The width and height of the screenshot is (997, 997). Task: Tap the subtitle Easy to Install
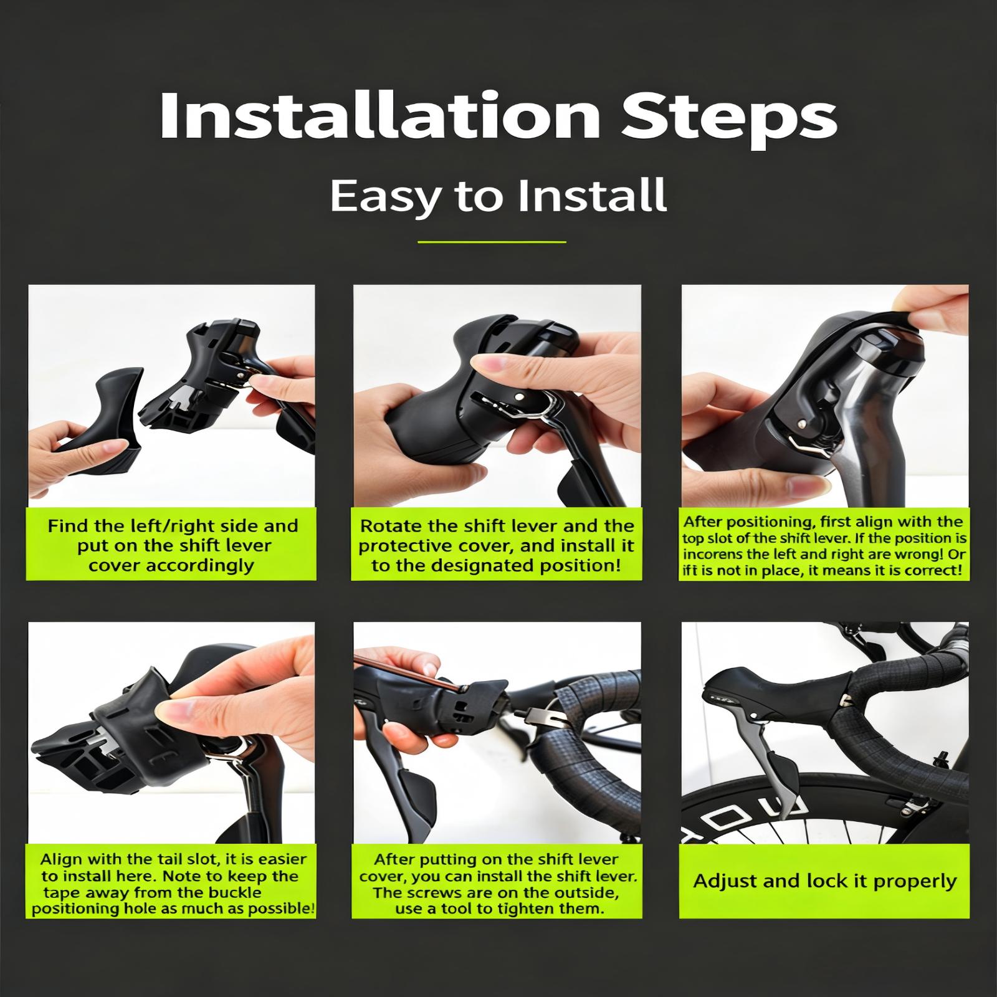[499, 195]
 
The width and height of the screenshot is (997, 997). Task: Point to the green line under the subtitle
[492, 242]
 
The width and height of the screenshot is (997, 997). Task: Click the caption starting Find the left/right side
[173, 546]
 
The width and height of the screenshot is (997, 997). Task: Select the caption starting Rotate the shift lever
[497, 546]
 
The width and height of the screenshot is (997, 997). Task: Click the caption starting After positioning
[824, 546]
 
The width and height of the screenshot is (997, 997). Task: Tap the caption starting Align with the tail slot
[173, 884]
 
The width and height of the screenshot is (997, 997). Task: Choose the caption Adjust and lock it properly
[824, 882]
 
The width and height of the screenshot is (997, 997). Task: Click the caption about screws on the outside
[497, 884]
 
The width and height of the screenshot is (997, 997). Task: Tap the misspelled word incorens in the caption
[713, 554]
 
